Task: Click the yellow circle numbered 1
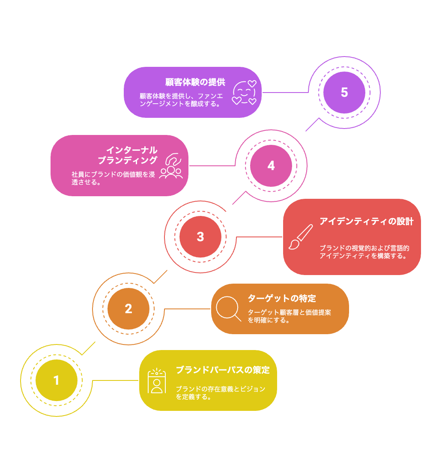(x=57, y=380)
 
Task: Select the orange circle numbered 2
(x=128, y=309)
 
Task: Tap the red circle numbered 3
(x=200, y=236)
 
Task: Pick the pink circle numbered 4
(x=271, y=166)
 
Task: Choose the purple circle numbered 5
(x=344, y=93)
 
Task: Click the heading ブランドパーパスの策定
(x=223, y=370)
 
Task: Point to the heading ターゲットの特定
(x=282, y=298)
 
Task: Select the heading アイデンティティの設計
(x=367, y=222)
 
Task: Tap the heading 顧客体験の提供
(x=195, y=82)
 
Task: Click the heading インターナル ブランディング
(x=128, y=155)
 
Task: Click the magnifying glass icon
(x=228, y=309)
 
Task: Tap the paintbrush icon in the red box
(x=301, y=236)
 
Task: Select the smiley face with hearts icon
(x=244, y=93)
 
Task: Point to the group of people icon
(x=171, y=166)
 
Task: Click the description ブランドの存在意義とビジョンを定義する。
(x=221, y=393)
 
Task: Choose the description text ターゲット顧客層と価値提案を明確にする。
(x=289, y=316)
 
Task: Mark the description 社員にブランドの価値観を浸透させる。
(x=113, y=178)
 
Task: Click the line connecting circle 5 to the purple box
(x=285, y=93)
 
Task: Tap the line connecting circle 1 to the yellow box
(x=115, y=380)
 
